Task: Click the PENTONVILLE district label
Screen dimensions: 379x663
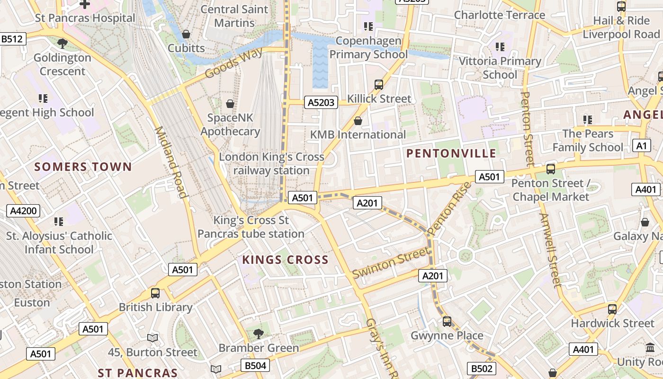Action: point(451,153)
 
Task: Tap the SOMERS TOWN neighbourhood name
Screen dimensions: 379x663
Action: point(83,167)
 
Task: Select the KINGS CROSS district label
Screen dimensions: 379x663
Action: point(285,260)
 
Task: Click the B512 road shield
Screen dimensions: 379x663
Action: point(12,39)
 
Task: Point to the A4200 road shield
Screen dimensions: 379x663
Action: point(23,211)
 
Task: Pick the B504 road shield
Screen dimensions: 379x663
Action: point(255,365)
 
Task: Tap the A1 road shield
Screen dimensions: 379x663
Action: point(641,145)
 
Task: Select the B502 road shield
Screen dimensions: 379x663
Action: point(482,369)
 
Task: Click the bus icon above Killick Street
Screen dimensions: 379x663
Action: point(379,85)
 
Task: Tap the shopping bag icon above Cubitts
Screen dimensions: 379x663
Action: point(186,34)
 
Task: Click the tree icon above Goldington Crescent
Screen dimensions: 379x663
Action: point(62,44)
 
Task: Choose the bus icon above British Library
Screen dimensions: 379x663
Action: point(155,293)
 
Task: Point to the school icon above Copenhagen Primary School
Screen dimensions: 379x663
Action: point(368,27)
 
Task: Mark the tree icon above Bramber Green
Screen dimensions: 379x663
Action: point(259,334)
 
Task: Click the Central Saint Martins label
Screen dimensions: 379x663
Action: point(234,16)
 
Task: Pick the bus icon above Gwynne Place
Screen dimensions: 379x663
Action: point(447,322)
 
